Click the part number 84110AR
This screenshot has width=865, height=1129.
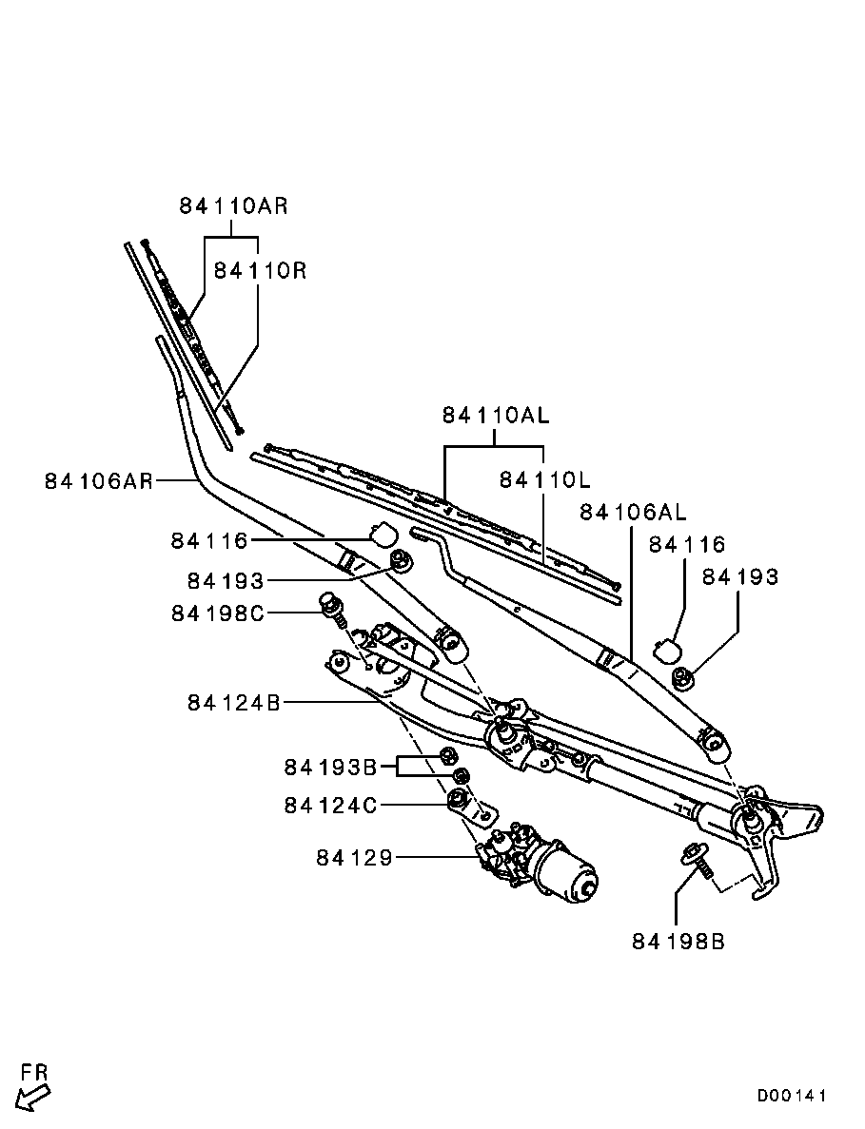pyautogui.click(x=233, y=206)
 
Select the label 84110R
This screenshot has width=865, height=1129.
pyautogui.click(x=260, y=271)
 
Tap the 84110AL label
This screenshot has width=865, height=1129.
pyautogui.click(x=496, y=416)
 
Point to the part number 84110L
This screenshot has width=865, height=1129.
pyautogui.click(x=544, y=479)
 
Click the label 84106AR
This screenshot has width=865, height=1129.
pyautogui.click(x=99, y=480)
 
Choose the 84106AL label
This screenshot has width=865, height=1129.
pyautogui.click(x=633, y=512)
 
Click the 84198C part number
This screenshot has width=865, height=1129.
pyautogui.click(x=218, y=613)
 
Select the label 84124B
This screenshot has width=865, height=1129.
pyautogui.click(x=234, y=702)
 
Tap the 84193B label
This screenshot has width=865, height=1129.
pyautogui.click(x=330, y=768)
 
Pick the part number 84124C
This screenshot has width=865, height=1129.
pyautogui.click(x=330, y=805)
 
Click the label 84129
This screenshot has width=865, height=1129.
pyautogui.click(x=354, y=858)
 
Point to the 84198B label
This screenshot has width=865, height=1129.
pyautogui.click(x=678, y=941)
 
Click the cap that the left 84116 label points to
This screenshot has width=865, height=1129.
pyautogui.click(x=383, y=534)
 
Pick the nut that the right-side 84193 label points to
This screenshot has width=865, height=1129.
pyautogui.click(x=682, y=677)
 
